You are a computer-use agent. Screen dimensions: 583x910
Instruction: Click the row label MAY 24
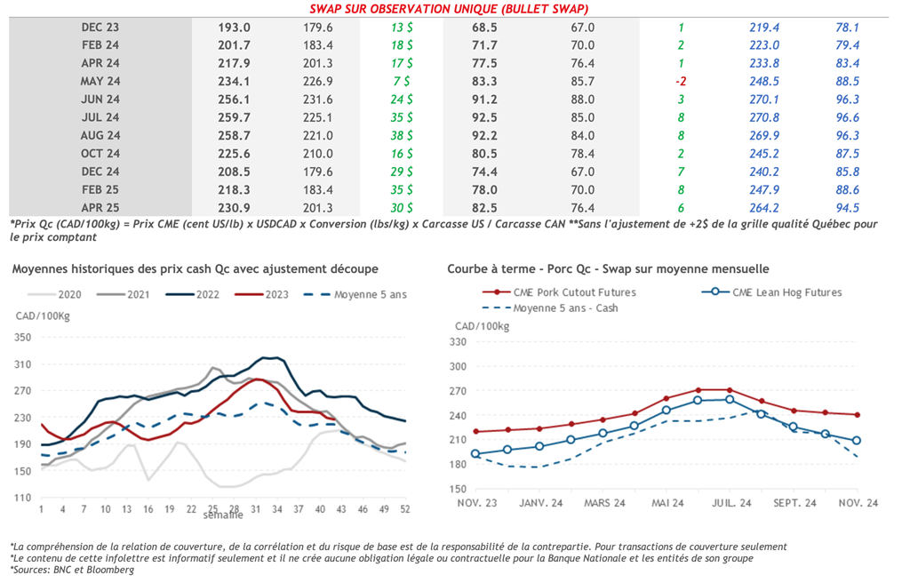[100, 81]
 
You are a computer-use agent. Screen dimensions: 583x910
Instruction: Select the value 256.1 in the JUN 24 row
[234, 100]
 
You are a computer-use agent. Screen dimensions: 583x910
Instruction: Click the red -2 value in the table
[680, 81]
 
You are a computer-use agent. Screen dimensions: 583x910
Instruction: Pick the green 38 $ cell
[402, 136]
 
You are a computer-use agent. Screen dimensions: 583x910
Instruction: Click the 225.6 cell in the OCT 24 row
[234, 154]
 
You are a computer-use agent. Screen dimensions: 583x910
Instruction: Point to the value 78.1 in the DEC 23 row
[847, 28]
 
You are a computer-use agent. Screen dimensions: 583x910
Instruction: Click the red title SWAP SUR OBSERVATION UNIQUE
[448, 9]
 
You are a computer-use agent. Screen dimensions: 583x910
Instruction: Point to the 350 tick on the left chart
[23, 338]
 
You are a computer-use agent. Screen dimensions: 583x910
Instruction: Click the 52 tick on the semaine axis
[406, 509]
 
